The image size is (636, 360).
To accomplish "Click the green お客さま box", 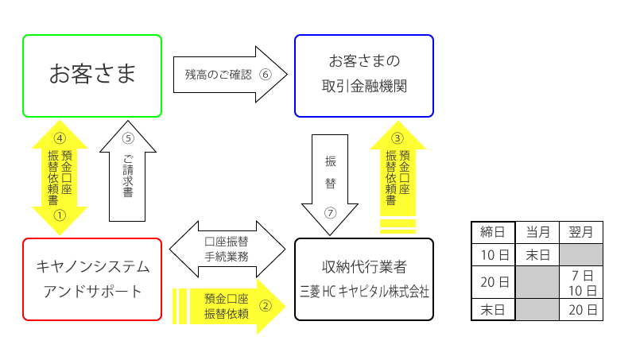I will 92,75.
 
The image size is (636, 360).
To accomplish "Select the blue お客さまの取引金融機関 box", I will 364,75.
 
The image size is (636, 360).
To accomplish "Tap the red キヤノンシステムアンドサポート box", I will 92,279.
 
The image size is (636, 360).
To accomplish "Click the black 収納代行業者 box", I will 364,279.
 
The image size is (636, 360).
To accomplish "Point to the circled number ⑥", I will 266,75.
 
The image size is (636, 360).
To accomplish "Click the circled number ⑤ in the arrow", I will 128,136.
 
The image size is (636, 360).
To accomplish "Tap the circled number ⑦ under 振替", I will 330,214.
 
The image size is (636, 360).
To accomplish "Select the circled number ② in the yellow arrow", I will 267,304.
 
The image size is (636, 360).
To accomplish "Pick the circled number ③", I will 397,137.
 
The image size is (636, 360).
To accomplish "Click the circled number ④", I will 59,137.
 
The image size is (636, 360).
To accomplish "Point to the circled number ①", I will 59,215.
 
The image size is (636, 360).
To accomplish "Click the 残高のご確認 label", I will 218,75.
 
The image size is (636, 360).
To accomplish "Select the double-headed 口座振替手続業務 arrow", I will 227,249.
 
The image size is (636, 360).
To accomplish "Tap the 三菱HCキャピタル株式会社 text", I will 364,292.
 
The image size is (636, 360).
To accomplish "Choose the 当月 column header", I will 538,233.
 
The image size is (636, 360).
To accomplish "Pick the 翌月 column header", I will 581,233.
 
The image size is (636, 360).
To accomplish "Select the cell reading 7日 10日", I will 581,281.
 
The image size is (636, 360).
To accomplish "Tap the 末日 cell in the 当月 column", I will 538,254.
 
